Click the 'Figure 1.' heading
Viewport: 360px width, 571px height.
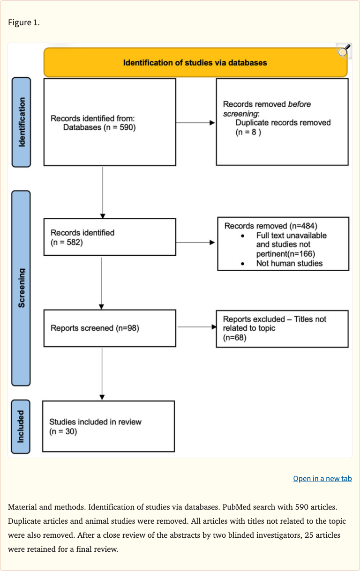coord(24,22)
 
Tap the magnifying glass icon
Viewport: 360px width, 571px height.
coord(344,51)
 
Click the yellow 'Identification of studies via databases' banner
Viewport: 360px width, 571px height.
coord(195,62)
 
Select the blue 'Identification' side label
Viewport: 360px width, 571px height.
coord(21,122)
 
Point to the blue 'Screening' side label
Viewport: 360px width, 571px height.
coord(21,288)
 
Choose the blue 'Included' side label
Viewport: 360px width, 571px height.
coord(21,427)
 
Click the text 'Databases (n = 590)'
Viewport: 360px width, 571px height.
coord(99,127)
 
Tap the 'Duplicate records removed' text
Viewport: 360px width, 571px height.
coord(283,123)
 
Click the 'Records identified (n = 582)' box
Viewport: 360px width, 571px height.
coord(110,237)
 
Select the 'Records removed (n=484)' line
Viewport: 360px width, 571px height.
coord(270,226)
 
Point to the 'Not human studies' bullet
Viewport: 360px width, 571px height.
coord(289,263)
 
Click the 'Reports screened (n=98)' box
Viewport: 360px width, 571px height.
coord(110,328)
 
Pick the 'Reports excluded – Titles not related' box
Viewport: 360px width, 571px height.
coord(282,328)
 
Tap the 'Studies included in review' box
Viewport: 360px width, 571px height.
coord(108,426)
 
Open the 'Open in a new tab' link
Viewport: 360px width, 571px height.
coord(322,478)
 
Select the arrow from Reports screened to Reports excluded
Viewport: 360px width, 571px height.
coord(196,327)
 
